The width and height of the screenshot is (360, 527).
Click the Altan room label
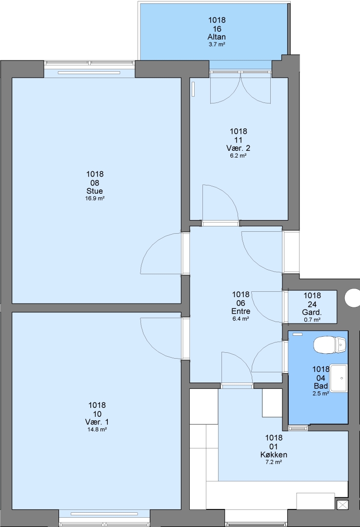pos(217,37)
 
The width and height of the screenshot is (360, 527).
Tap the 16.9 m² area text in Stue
pos(95,198)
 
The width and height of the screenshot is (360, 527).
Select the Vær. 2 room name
pos(239,148)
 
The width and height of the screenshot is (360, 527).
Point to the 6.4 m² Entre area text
pos(240,319)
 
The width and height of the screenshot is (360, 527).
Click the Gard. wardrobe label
pos(312,313)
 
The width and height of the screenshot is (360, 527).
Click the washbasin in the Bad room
pos(339,378)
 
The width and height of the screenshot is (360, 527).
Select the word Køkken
pos(274,455)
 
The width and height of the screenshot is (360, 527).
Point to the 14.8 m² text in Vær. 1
pos(97,429)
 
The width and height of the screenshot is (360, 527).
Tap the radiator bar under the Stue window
pos(89,73)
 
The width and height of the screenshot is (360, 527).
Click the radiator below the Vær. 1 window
pos(104,514)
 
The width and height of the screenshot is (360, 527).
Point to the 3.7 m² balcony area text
pos(217,44)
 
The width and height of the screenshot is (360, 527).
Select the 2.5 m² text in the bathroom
pos(320,394)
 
